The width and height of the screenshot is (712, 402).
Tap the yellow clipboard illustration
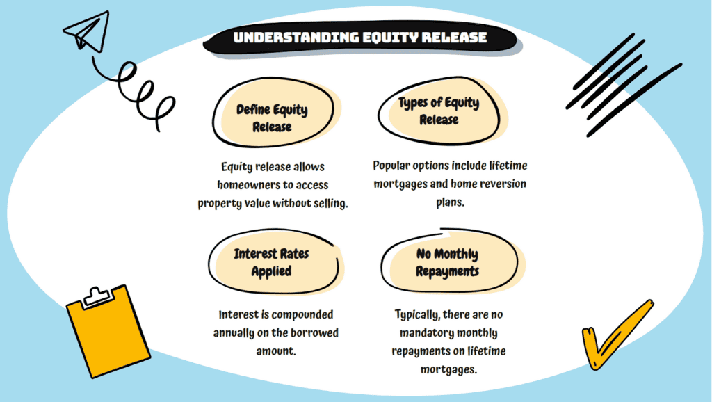click(x=108, y=332)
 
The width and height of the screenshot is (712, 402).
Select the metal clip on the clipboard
click(x=97, y=297)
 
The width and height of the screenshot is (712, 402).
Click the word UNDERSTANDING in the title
click(x=296, y=38)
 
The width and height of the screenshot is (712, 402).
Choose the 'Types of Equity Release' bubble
click(x=440, y=111)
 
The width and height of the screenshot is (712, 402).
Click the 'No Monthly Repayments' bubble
click(x=451, y=262)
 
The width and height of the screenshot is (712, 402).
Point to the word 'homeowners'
click(x=248, y=185)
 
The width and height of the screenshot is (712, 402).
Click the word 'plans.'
click(x=450, y=202)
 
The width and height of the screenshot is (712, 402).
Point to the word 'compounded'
click(x=302, y=315)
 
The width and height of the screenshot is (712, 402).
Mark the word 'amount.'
click(x=276, y=351)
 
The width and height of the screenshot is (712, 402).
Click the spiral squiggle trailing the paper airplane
click(x=136, y=91)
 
